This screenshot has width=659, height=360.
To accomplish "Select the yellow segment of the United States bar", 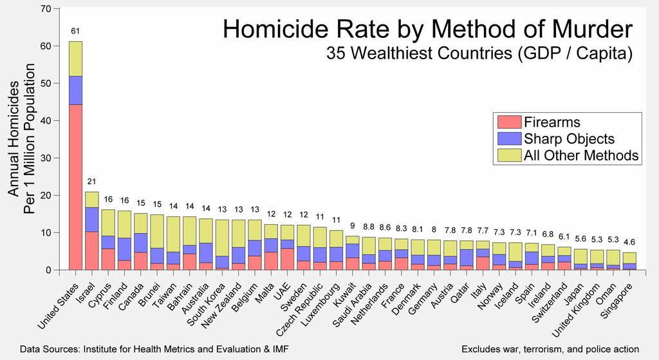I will tap(75, 59).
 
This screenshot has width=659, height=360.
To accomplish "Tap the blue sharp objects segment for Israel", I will tap(92, 220).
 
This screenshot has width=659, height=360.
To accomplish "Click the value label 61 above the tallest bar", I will tap(75, 31).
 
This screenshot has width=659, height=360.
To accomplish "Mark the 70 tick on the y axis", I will tap(44, 9).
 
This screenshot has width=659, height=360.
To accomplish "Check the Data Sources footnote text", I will tap(154, 349).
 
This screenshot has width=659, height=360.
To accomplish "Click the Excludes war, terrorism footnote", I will tap(550, 349).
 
